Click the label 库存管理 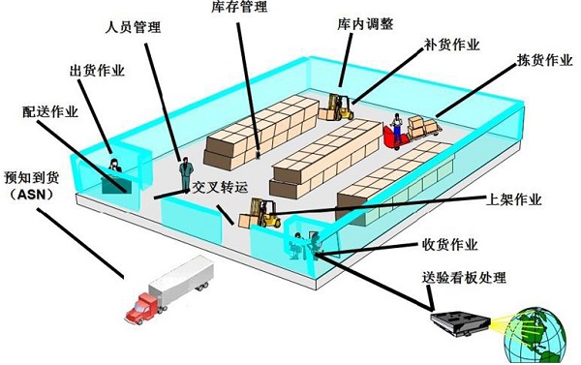(x=238, y=8)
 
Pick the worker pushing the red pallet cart (x=397, y=131)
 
